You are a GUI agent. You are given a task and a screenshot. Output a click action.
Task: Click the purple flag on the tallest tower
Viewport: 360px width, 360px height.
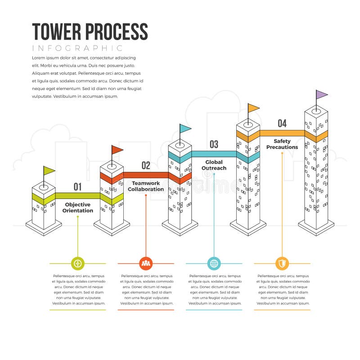point(321,94)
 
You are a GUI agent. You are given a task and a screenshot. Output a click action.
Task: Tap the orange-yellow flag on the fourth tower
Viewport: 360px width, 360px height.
point(253,108)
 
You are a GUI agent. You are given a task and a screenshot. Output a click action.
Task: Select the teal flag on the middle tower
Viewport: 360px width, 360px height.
point(185,128)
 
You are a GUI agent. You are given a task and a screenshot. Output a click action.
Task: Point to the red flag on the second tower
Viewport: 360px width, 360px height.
point(117,149)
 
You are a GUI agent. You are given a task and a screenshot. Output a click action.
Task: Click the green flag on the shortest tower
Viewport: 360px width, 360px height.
point(49,170)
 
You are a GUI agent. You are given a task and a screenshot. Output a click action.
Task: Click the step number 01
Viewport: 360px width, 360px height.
point(77,187)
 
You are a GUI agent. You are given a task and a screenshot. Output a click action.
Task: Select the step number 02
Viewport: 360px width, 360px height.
point(146,166)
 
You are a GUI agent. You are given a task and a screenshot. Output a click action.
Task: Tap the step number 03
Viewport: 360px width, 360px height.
point(214,144)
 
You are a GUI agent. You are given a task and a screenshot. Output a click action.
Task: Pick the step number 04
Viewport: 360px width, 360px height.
point(282,123)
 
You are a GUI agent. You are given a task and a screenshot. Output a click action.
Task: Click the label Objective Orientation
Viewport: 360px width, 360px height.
point(78,207)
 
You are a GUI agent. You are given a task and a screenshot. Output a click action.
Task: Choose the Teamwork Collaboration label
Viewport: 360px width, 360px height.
point(146,186)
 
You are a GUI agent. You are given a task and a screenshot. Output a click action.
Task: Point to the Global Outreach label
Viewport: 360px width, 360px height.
point(214,165)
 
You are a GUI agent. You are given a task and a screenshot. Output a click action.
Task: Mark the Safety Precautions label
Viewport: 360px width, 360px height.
point(282,144)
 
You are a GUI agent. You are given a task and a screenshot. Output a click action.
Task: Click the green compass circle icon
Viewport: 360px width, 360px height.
point(78,263)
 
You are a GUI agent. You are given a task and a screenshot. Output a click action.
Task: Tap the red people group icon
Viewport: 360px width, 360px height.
point(146,263)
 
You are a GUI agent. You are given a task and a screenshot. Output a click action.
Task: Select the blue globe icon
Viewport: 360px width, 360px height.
point(214,263)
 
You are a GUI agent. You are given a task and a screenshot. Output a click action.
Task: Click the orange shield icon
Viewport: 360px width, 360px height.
point(282,263)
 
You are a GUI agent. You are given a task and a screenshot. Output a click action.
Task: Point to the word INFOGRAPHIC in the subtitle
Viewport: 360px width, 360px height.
point(77,48)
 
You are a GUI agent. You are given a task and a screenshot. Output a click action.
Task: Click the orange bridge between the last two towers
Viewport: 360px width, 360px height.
point(282,133)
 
